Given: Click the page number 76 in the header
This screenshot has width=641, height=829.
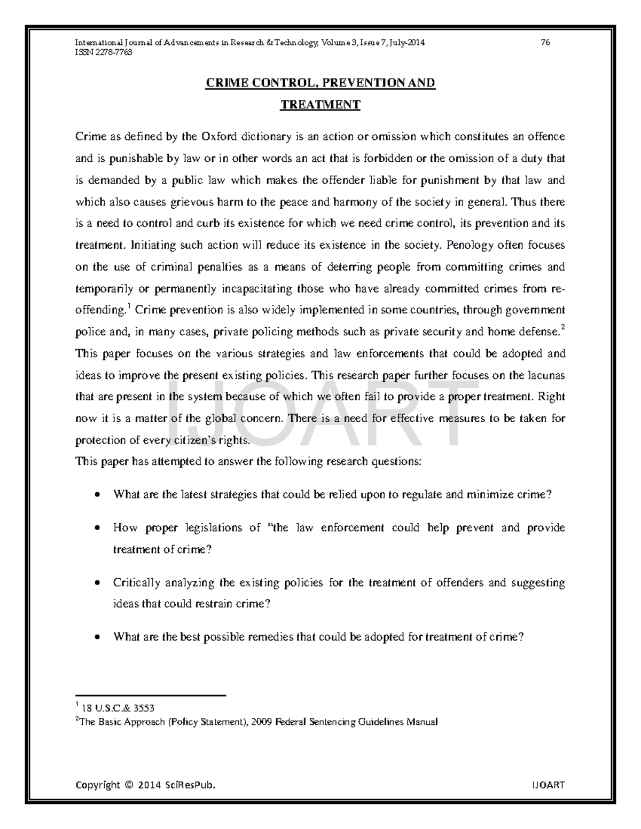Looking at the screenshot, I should [545, 43].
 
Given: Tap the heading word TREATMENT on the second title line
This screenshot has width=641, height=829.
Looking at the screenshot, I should [320, 105].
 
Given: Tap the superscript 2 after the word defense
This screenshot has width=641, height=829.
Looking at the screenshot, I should [562, 328].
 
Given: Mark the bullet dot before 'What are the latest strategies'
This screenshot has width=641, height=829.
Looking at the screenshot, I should [96, 495].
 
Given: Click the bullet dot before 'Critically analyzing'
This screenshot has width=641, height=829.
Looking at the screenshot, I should [96, 583].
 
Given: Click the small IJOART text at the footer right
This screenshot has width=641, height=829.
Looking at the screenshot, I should [548, 785].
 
